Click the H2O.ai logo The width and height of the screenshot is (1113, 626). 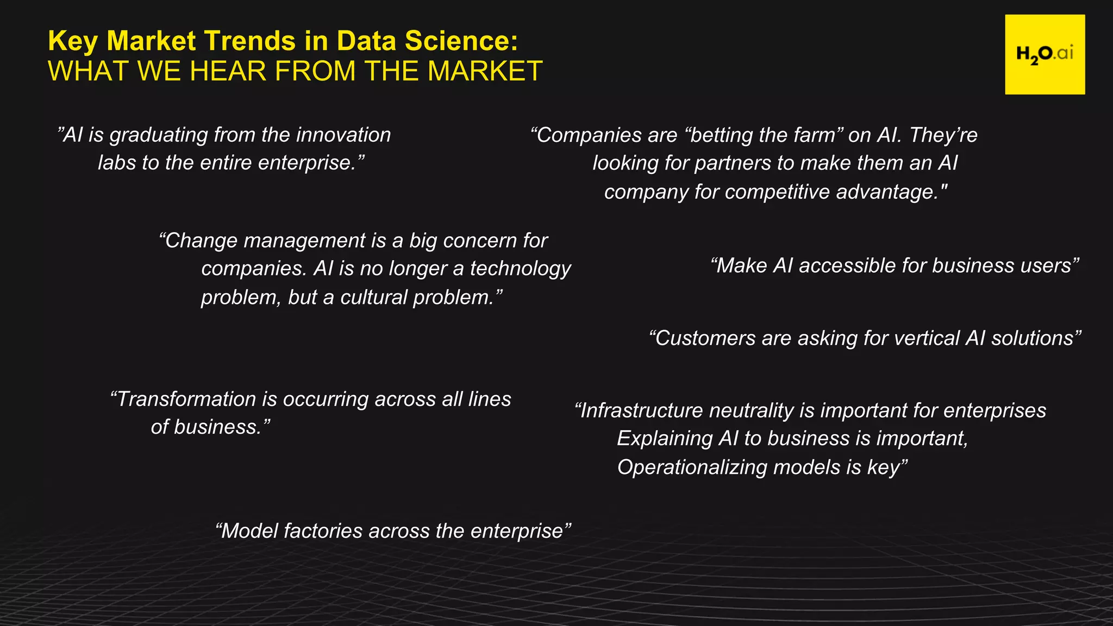click(1045, 54)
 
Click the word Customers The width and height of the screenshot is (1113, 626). click(705, 338)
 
